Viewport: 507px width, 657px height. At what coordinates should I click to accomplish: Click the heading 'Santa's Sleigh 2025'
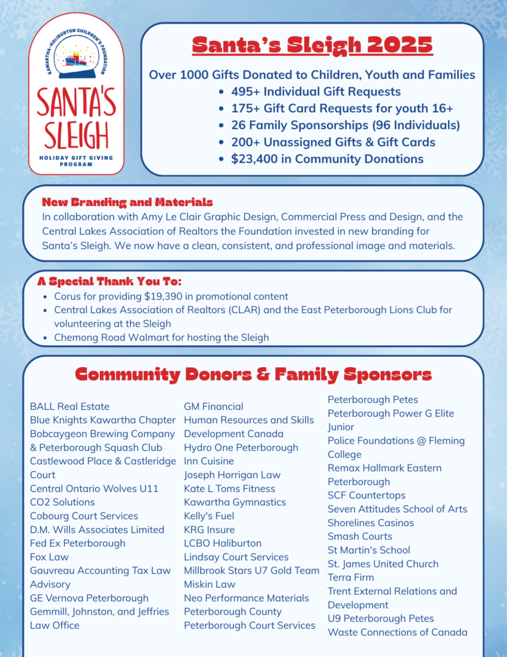click(x=312, y=46)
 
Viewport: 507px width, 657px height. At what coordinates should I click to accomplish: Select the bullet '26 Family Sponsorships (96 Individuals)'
click(x=345, y=125)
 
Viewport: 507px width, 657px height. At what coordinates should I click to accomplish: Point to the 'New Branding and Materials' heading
click(x=127, y=202)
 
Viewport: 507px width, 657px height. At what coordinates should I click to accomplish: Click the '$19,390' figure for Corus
click(x=169, y=296)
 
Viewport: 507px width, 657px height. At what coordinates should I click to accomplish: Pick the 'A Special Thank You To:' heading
click(x=109, y=282)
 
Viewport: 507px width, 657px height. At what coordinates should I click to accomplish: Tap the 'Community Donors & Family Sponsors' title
click(x=253, y=375)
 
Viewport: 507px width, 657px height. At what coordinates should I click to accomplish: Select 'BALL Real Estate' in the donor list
click(x=70, y=406)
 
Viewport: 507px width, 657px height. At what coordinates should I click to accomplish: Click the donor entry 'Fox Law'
click(x=49, y=557)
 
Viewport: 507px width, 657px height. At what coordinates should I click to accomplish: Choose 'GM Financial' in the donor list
click(x=213, y=406)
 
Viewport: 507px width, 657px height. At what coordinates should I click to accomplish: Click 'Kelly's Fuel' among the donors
click(x=209, y=516)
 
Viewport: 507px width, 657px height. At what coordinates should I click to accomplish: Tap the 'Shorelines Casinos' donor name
click(x=370, y=522)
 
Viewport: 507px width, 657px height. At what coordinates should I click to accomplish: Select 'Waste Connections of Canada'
click(x=397, y=632)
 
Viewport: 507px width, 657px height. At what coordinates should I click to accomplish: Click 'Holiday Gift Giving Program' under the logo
click(x=76, y=160)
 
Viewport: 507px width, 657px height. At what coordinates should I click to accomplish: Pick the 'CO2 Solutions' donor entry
click(x=62, y=502)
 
